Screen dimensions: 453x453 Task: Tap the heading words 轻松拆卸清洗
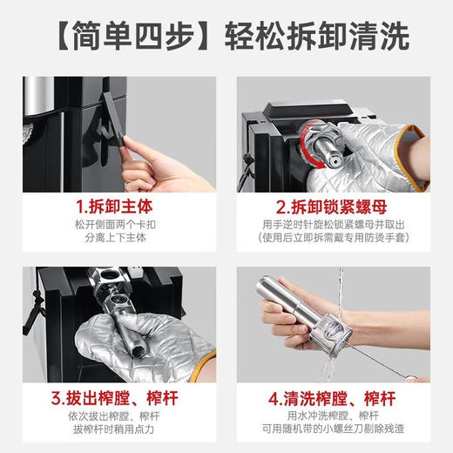[317, 37]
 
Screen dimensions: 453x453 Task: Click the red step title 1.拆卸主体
[114, 206]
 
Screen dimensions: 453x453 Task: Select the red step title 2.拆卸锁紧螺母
[331, 206]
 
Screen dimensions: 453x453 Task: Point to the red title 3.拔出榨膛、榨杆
[114, 398]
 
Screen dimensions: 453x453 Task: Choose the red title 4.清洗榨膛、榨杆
[332, 398]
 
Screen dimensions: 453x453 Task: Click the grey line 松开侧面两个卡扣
[115, 225]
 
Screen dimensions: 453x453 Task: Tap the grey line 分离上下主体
[115, 238]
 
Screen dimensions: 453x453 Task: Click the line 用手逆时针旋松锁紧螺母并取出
[334, 225]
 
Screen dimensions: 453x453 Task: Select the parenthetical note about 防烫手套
[334, 238]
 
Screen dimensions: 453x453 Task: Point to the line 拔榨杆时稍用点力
[113, 429]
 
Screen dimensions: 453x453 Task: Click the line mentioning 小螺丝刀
[333, 429]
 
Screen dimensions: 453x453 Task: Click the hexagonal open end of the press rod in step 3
[137, 351]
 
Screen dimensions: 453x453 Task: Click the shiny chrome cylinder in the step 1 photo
[38, 95]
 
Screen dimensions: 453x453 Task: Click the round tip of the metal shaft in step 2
[334, 160]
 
